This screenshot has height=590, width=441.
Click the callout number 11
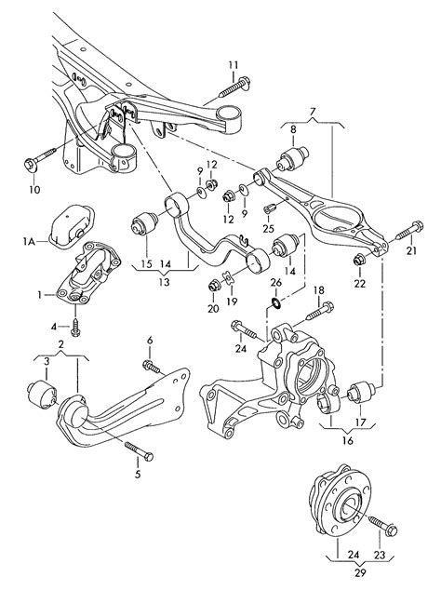pos(234,65)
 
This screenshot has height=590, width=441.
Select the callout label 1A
pos(29,241)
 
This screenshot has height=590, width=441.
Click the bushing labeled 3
pos(43,395)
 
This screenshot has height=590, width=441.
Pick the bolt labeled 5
pos(138,450)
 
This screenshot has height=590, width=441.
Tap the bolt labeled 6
pos(152,367)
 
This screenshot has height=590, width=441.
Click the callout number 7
pos(313,112)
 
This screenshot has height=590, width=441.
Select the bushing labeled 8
pos(293,157)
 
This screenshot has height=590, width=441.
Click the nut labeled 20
pos(215,287)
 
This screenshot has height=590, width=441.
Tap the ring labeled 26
pos(275,302)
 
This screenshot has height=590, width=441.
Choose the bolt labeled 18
pos(320,311)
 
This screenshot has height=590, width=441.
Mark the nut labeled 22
pos(359,260)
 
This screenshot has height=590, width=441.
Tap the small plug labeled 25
pos(270,208)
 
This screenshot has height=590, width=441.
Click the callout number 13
pos(164,282)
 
